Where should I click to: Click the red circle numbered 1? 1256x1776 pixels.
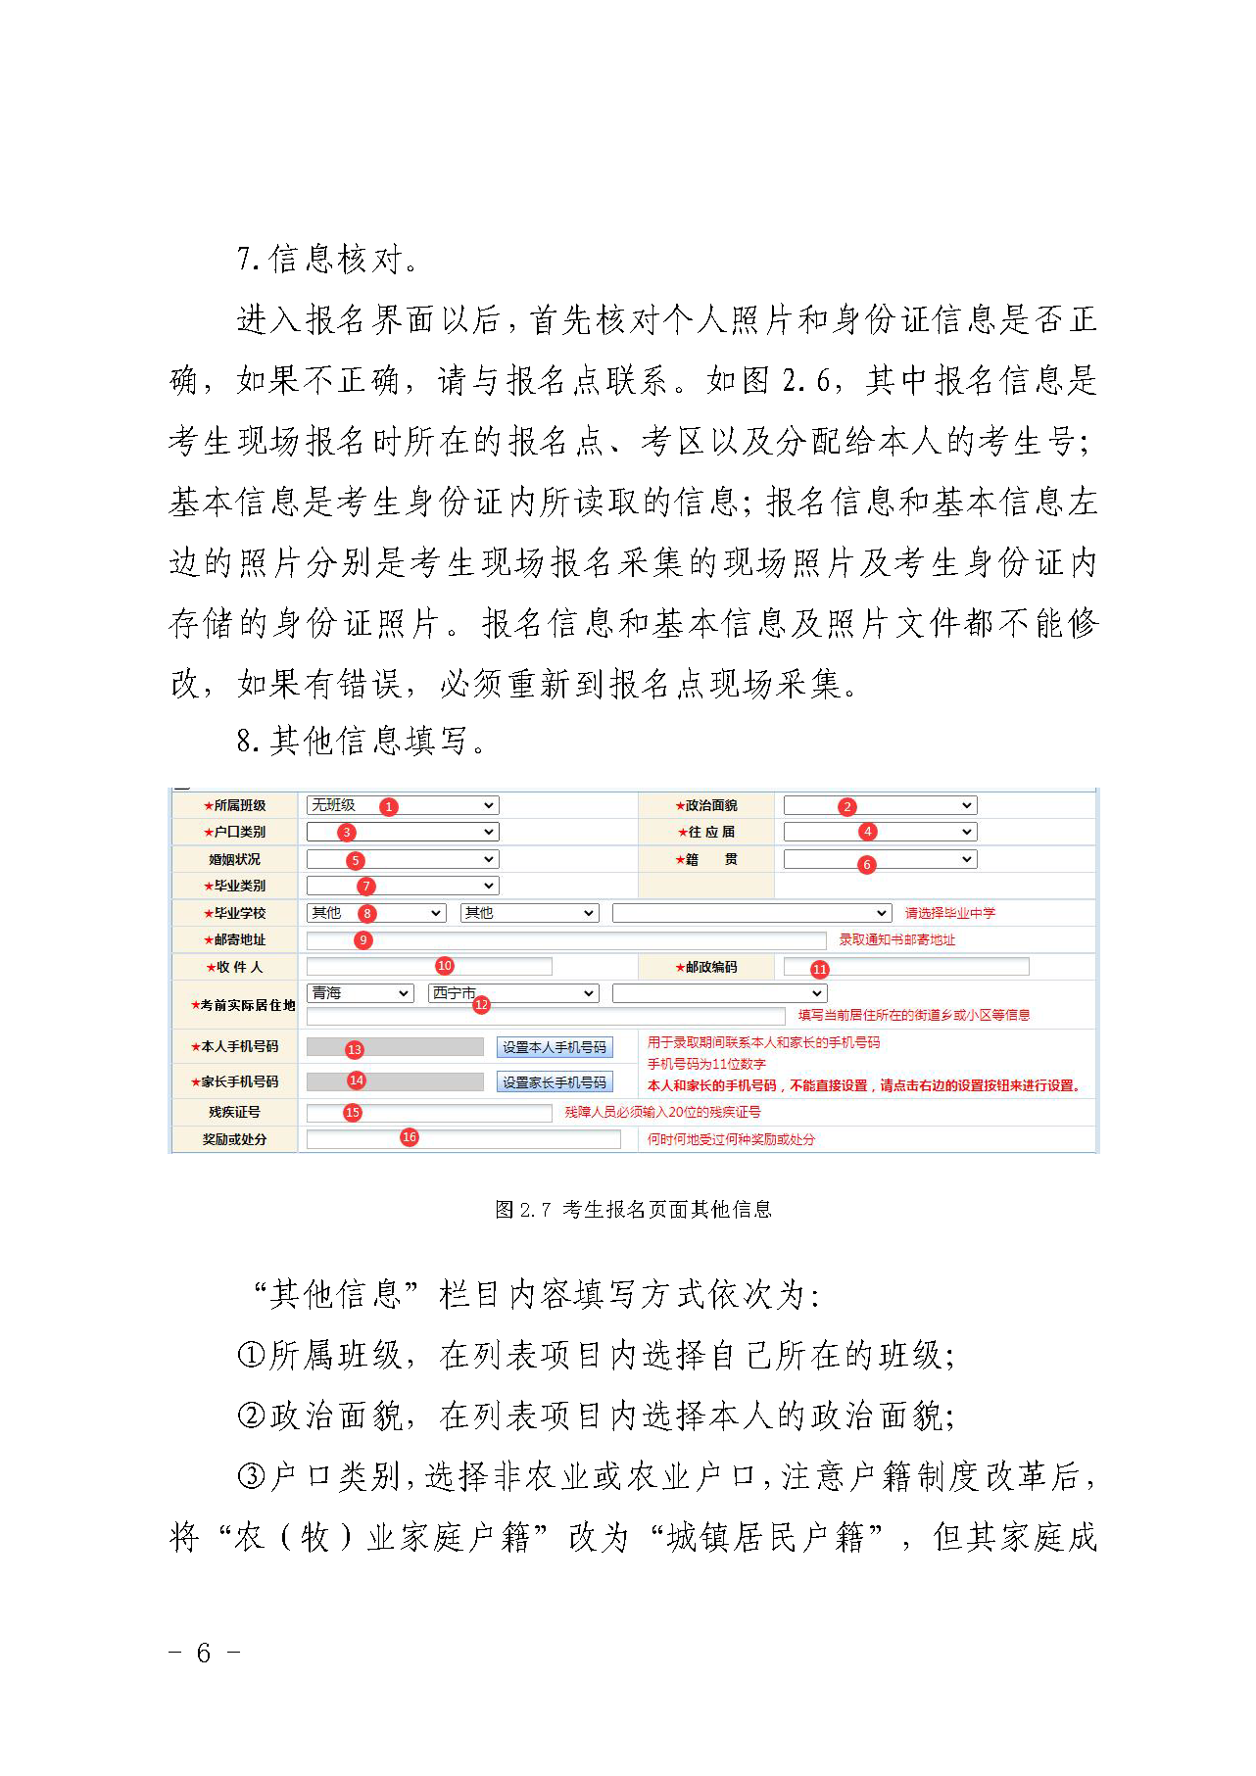[389, 806]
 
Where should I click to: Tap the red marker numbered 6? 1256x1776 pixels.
[866, 864]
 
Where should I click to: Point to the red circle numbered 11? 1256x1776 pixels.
[820, 969]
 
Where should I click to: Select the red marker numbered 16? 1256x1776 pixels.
[410, 1137]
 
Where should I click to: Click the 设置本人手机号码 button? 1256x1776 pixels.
[555, 1047]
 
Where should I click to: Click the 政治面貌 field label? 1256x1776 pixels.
[706, 805]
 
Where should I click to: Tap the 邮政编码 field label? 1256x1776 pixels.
[706, 967]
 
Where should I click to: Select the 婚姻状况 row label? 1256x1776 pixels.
[235, 859]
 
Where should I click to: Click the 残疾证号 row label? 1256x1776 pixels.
[235, 1112]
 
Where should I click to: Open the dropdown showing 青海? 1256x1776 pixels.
[360, 993]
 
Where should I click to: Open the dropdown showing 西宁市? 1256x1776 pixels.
[513, 993]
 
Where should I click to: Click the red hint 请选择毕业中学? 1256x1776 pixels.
[949, 913]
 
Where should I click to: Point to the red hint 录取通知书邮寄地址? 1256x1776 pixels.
[896, 939]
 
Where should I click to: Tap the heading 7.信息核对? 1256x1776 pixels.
[329, 260]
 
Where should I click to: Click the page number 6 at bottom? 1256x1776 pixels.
[204, 1653]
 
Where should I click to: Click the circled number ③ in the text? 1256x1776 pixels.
[252, 1476]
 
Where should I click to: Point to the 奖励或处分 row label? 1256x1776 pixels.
[235, 1139]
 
